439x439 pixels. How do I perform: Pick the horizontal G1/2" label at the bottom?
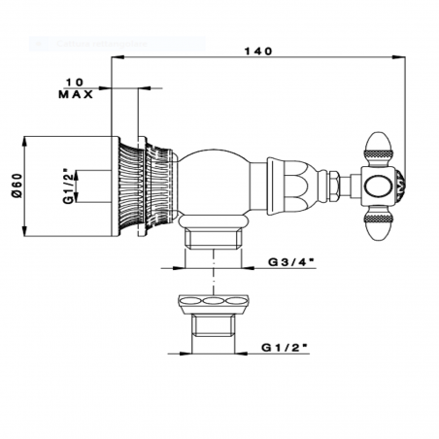click(287, 345)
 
